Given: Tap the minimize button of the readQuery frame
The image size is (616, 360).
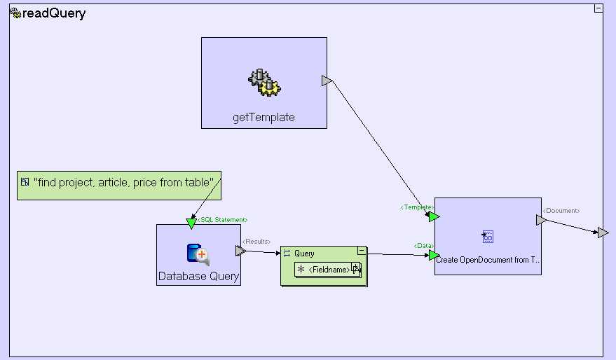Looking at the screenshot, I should point(598,8).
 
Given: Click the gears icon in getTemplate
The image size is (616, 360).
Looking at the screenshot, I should point(264,82).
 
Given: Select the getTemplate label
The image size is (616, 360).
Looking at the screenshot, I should point(263,118).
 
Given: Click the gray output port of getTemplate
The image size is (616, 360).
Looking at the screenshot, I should point(327,81).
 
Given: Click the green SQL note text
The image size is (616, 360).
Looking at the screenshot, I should point(123,182).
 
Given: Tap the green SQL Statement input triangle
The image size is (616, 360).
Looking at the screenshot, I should point(191,223).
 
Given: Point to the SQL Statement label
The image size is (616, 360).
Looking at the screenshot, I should point(221,220).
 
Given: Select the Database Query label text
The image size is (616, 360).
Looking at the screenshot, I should point(198,277).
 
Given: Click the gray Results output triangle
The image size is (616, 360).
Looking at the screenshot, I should point(240,251).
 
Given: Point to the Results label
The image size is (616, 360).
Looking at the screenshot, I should point(254,242).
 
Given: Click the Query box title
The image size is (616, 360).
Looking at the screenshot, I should point(304,254).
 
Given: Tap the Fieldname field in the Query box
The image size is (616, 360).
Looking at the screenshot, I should point(329,270).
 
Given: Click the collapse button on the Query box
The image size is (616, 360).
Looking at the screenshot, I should point(362,250).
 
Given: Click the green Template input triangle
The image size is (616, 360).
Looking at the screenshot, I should point(434,217).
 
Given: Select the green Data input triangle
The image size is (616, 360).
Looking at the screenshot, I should point(434,255).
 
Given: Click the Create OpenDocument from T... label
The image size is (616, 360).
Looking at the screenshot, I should point(488,260).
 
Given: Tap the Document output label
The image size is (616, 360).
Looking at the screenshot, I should point(561,210).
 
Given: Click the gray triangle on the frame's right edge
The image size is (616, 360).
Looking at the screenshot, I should point(603,233).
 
